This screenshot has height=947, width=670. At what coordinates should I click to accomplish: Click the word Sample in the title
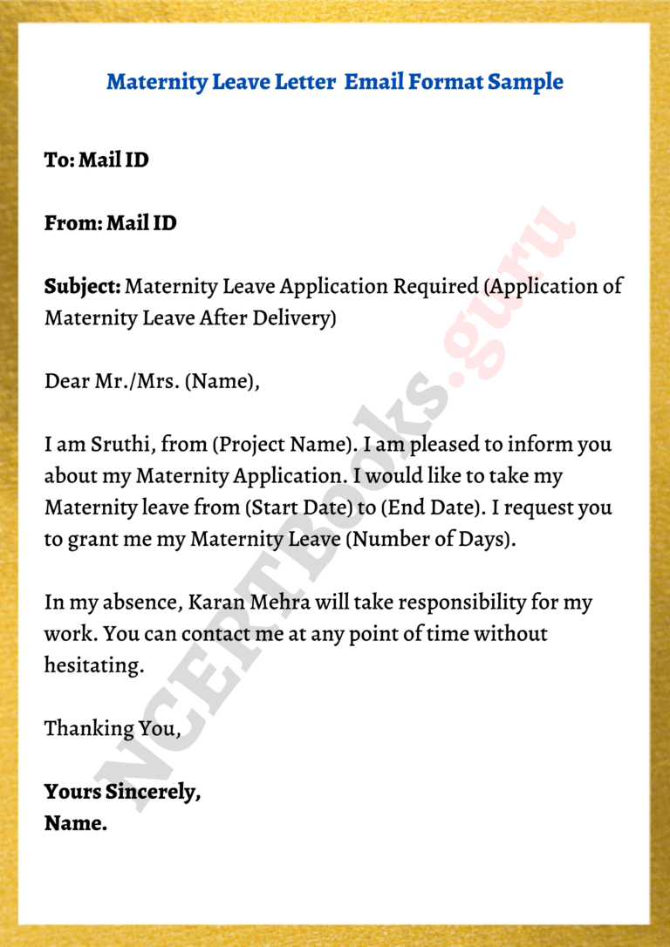pyautogui.click(x=525, y=83)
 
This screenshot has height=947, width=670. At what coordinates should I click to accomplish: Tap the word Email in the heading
pyautogui.click(x=376, y=83)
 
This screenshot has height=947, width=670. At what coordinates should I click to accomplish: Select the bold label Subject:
pyautogui.click(x=83, y=286)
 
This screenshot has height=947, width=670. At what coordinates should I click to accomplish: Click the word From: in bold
pyautogui.click(x=73, y=223)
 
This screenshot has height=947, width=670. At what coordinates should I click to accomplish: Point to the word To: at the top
pyautogui.click(x=59, y=160)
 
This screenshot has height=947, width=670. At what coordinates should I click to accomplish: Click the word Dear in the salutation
pyautogui.click(x=66, y=381)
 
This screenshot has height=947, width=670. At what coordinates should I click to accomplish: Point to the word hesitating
pyautogui.click(x=93, y=665)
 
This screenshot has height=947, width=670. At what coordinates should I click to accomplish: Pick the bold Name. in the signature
pyautogui.click(x=76, y=823)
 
